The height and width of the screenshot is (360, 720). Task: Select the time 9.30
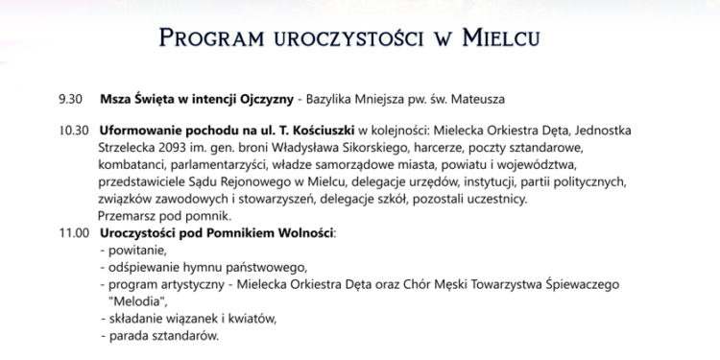point(72,98)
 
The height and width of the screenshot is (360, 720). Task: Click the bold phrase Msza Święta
point(132,98)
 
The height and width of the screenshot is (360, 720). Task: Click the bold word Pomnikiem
point(228,232)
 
